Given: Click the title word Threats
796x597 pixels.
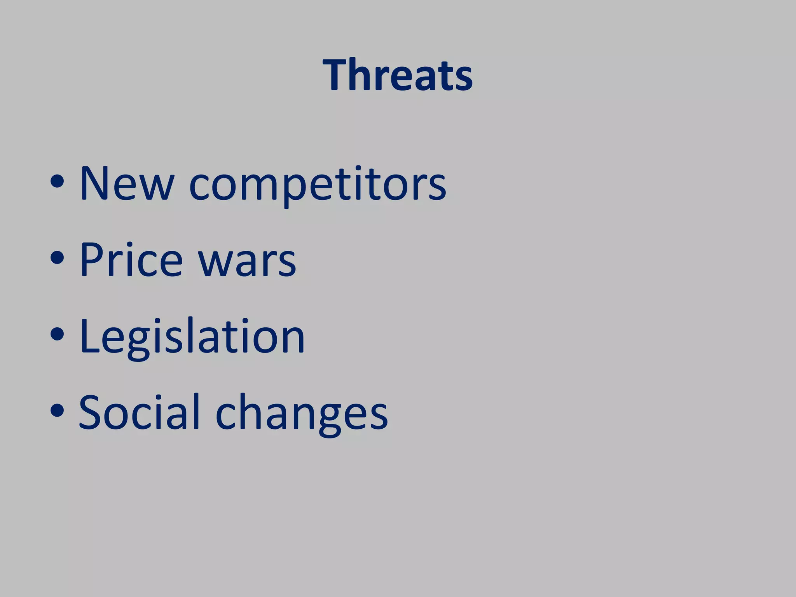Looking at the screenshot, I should point(398,75).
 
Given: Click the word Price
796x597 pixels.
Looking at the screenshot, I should point(131,259).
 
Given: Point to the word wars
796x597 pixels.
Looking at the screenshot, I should point(247,261).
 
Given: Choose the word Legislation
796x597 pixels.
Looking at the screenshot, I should point(192,336).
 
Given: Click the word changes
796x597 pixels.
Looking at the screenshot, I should point(302,414).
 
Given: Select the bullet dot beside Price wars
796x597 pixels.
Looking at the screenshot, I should point(57,258).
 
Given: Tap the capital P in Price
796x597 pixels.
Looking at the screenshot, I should point(93,259).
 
